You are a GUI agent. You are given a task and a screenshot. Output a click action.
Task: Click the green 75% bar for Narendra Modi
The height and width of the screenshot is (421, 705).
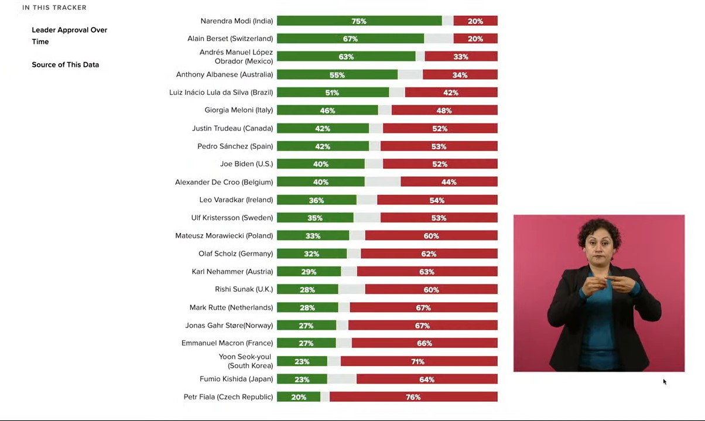pyautogui.click(x=359, y=21)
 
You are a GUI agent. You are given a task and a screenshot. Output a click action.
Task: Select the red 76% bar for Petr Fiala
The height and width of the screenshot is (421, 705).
pyautogui.click(x=413, y=397)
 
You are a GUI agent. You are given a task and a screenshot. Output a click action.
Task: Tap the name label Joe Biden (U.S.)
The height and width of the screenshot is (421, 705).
pyautogui.click(x=246, y=164)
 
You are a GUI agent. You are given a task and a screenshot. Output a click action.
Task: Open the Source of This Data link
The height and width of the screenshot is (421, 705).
pyautogui.click(x=65, y=64)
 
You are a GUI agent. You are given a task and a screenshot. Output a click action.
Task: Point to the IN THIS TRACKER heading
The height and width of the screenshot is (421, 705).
pyautogui.click(x=54, y=8)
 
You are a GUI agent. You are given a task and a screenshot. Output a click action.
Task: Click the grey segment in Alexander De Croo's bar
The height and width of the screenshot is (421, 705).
pyautogui.click(x=382, y=182)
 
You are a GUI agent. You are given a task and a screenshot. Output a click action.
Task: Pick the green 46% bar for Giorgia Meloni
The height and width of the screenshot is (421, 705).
pyautogui.click(x=327, y=111)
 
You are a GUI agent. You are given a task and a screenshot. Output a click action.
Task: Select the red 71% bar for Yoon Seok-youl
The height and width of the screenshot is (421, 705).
pyautogui.click(x=419, y=361)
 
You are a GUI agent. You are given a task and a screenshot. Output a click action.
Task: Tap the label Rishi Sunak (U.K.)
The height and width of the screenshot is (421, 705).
pyautogui.click(x=244, y=289)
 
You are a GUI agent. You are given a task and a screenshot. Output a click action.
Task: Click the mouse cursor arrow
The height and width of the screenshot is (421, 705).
pyautogui.click(x=665, y=382)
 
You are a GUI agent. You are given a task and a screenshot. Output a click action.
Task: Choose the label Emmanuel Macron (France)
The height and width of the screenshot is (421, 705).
pyautogui.click(x=227, y=343)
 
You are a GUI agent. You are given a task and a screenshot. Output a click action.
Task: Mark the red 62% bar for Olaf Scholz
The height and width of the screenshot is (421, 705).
pyautogui.click(x=429, y=254)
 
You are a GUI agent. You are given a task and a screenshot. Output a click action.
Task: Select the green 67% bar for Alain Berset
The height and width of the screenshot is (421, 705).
pyautogui.click(x=350, y=39)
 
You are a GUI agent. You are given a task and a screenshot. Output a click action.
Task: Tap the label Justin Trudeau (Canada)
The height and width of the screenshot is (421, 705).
pyautogui.click(x=232, y=128)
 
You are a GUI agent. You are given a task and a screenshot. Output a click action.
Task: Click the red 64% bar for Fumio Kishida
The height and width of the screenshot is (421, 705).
pyautogui.click(x=426, y=379)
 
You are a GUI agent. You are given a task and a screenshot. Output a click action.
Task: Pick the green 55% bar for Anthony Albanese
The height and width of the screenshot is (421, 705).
pyautogui.click(x=337, y=75)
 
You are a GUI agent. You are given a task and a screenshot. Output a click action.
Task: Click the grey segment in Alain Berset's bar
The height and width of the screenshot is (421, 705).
pyautogui.click(x=439, y=39)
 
